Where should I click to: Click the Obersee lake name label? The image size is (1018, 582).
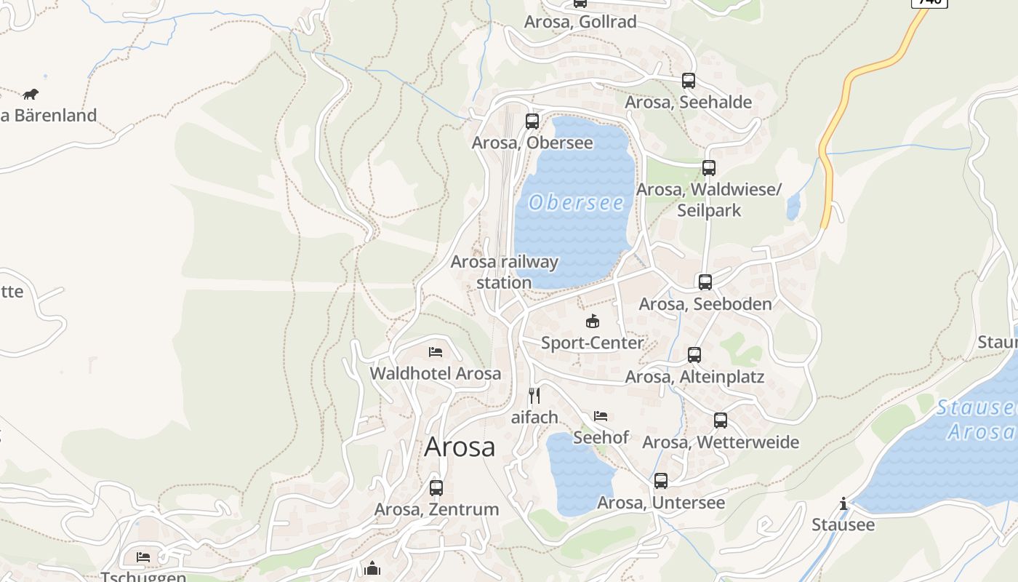point(576,202)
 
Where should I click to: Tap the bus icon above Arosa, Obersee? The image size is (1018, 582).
point(532,121)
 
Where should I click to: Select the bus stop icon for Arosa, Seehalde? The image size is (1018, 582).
point(688,81)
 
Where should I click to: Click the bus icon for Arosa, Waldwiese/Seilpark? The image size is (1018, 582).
point(709,168)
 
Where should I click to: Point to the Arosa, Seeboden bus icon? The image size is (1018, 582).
point(705,282)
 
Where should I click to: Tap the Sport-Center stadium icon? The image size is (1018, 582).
point(593,321)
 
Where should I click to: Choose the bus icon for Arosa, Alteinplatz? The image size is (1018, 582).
point(694,355)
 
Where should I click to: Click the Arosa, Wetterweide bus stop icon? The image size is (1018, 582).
point(721,420)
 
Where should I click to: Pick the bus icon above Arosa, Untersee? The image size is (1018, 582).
point(661,481)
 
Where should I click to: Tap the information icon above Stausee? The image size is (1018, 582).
point(843,503)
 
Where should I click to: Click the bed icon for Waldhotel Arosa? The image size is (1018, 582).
point(436,352)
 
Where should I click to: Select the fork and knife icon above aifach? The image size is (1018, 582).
point(534,396)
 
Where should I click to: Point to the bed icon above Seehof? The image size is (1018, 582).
point(601,416)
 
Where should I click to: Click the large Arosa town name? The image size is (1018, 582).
point(460,447)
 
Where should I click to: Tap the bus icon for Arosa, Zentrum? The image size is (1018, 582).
point(436,488)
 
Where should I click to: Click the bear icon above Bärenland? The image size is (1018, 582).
point(30,94)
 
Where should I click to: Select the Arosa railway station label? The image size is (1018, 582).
point(505,272)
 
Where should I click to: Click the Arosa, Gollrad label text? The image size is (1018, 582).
point(580,22)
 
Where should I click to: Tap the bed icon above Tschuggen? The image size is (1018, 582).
point(143,557)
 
